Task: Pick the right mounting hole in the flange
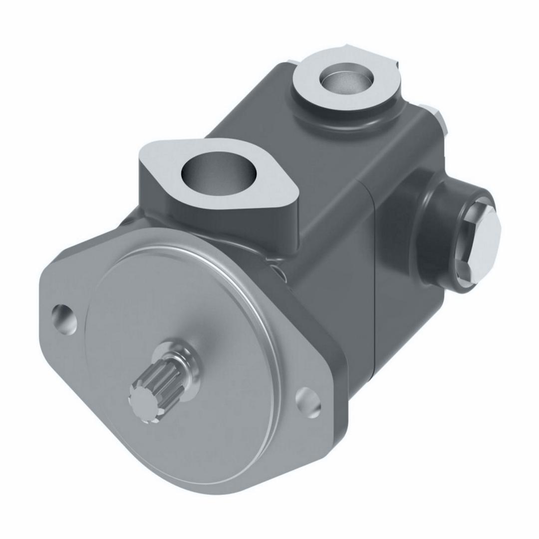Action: [308, 402]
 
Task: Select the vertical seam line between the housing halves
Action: [375, 279]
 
